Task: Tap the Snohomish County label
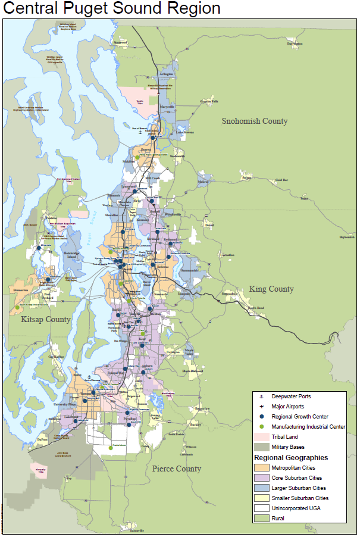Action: [254, 121]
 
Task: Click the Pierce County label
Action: [176, 469]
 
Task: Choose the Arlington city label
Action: [167, 74]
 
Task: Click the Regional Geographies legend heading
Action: [291, 458]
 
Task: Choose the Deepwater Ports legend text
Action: [291, 396]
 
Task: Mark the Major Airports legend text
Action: [287, 407]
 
